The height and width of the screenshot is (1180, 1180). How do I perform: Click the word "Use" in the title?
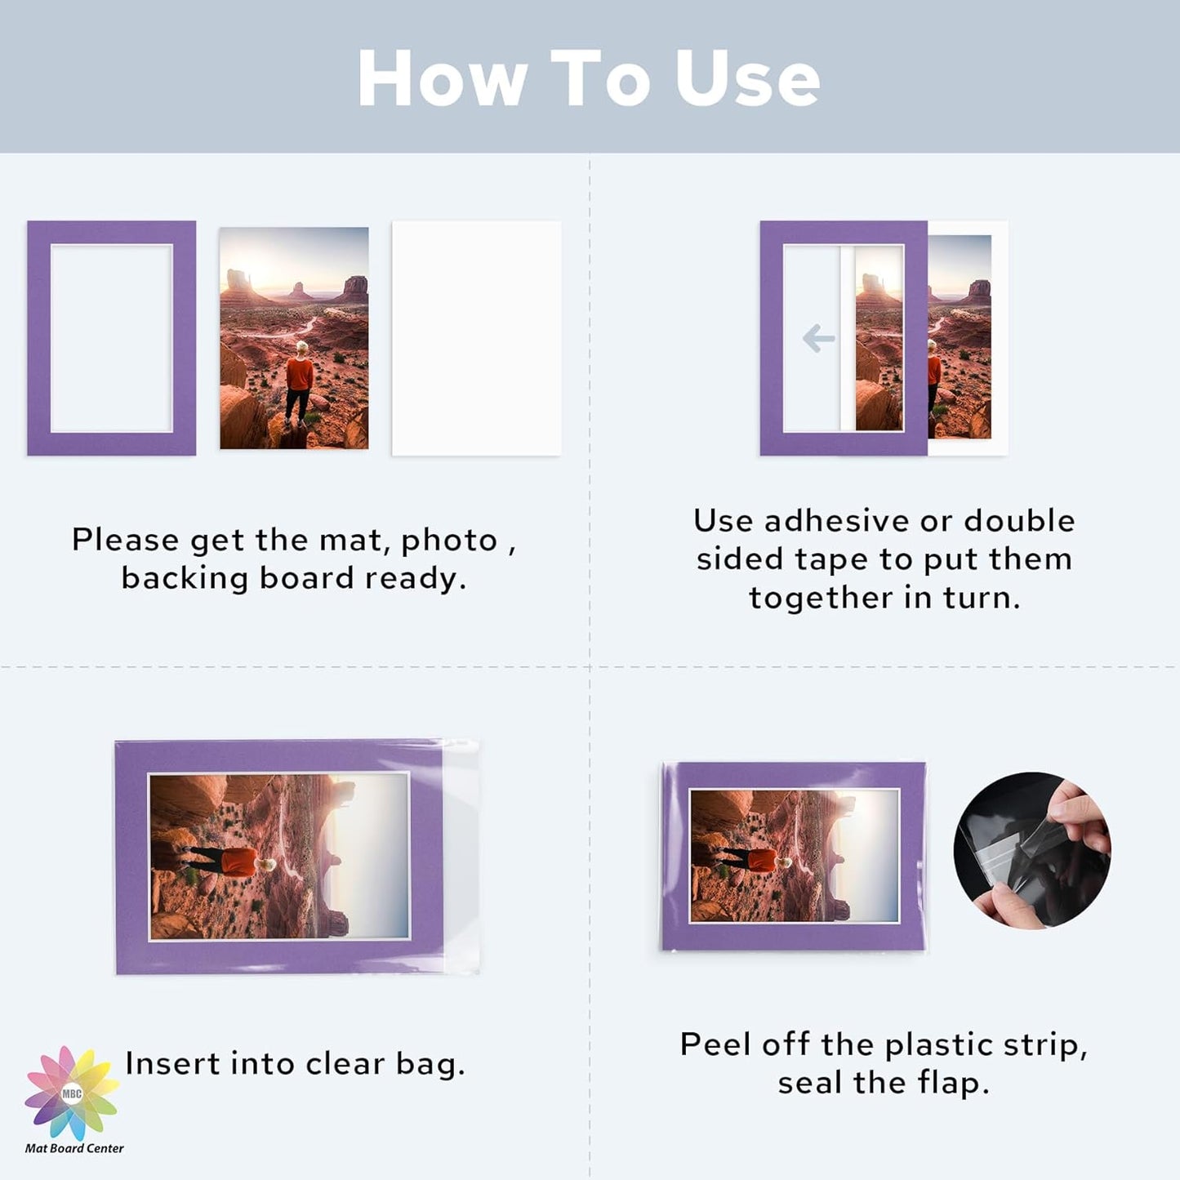click(746, 78)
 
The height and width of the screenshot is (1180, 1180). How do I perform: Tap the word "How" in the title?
click(442, 78)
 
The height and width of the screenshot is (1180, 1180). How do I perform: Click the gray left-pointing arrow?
click(818, 338)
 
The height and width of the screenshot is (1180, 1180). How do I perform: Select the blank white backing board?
click(476, 338)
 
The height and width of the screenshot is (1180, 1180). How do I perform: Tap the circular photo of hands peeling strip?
click(1031, 850)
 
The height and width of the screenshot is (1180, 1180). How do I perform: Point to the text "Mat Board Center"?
click(74, 1148)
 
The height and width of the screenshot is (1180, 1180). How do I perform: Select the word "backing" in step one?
click(185, 578)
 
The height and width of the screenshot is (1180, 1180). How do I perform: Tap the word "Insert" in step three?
click(171, 1063)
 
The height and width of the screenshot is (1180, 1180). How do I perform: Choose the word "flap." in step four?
click(953, 1083)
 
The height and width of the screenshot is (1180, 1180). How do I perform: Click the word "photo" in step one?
click(448, 541)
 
